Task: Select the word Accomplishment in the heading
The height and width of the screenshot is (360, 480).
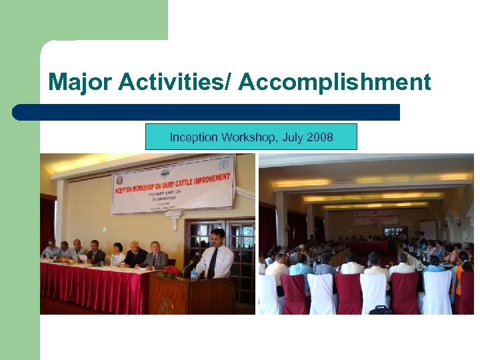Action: click(x=335, y=83)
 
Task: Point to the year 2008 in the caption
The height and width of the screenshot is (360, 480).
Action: click(x=320, y=137)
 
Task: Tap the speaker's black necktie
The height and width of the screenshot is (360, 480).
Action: click(x=213, y=263)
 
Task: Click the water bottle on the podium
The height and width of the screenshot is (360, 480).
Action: click(x=194, y=273)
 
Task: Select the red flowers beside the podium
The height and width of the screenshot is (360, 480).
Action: click(x=171, y=271)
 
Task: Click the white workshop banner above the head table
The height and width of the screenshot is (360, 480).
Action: click(x=173, y=184)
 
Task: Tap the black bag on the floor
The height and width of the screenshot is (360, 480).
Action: click(x=381, y=310)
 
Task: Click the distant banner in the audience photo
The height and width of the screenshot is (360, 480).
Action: click(x=375, y=217)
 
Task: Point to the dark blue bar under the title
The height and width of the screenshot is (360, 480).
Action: click(x=206, y=112)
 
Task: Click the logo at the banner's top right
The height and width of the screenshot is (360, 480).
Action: click(x=223, y=163)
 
